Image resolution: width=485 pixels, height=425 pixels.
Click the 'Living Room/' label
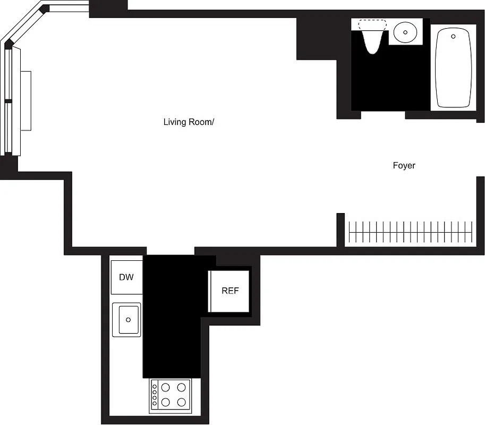click(189, 122)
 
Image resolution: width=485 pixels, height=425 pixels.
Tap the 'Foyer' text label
click(404, 166)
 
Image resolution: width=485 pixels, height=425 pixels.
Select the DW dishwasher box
click(126, 277)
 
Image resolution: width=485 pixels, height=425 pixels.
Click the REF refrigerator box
click(230, 291)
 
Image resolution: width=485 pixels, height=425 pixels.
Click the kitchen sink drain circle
click(128, 320)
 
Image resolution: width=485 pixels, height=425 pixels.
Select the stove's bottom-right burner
click(182, 402)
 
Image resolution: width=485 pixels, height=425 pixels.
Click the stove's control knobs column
click(155, 394)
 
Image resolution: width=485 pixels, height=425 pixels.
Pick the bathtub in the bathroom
click(453, 68)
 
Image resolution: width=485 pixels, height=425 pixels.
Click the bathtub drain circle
click(453, 37)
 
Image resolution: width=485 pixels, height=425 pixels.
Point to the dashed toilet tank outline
click(372, 24)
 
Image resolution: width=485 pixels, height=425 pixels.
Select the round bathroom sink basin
click(406, 32)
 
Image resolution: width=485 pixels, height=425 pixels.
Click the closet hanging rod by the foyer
click(410, 232)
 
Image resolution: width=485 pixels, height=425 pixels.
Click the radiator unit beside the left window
click(25, 100)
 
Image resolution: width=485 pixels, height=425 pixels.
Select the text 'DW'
click(126, 277)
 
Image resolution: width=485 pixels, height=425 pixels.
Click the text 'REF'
click(230, 291)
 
